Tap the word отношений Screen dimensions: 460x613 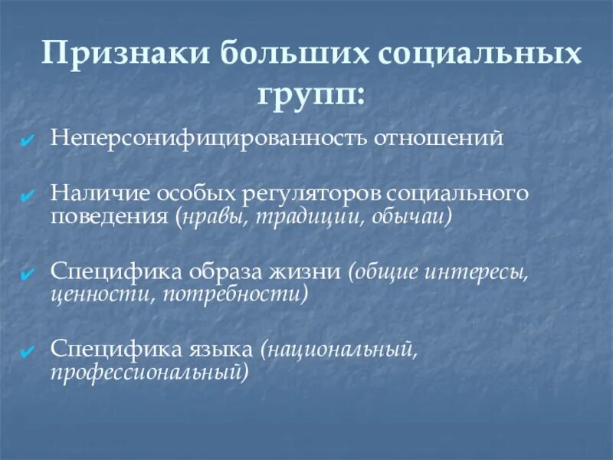[x=439, y=140]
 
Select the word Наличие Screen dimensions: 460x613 [x=95, y=193]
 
